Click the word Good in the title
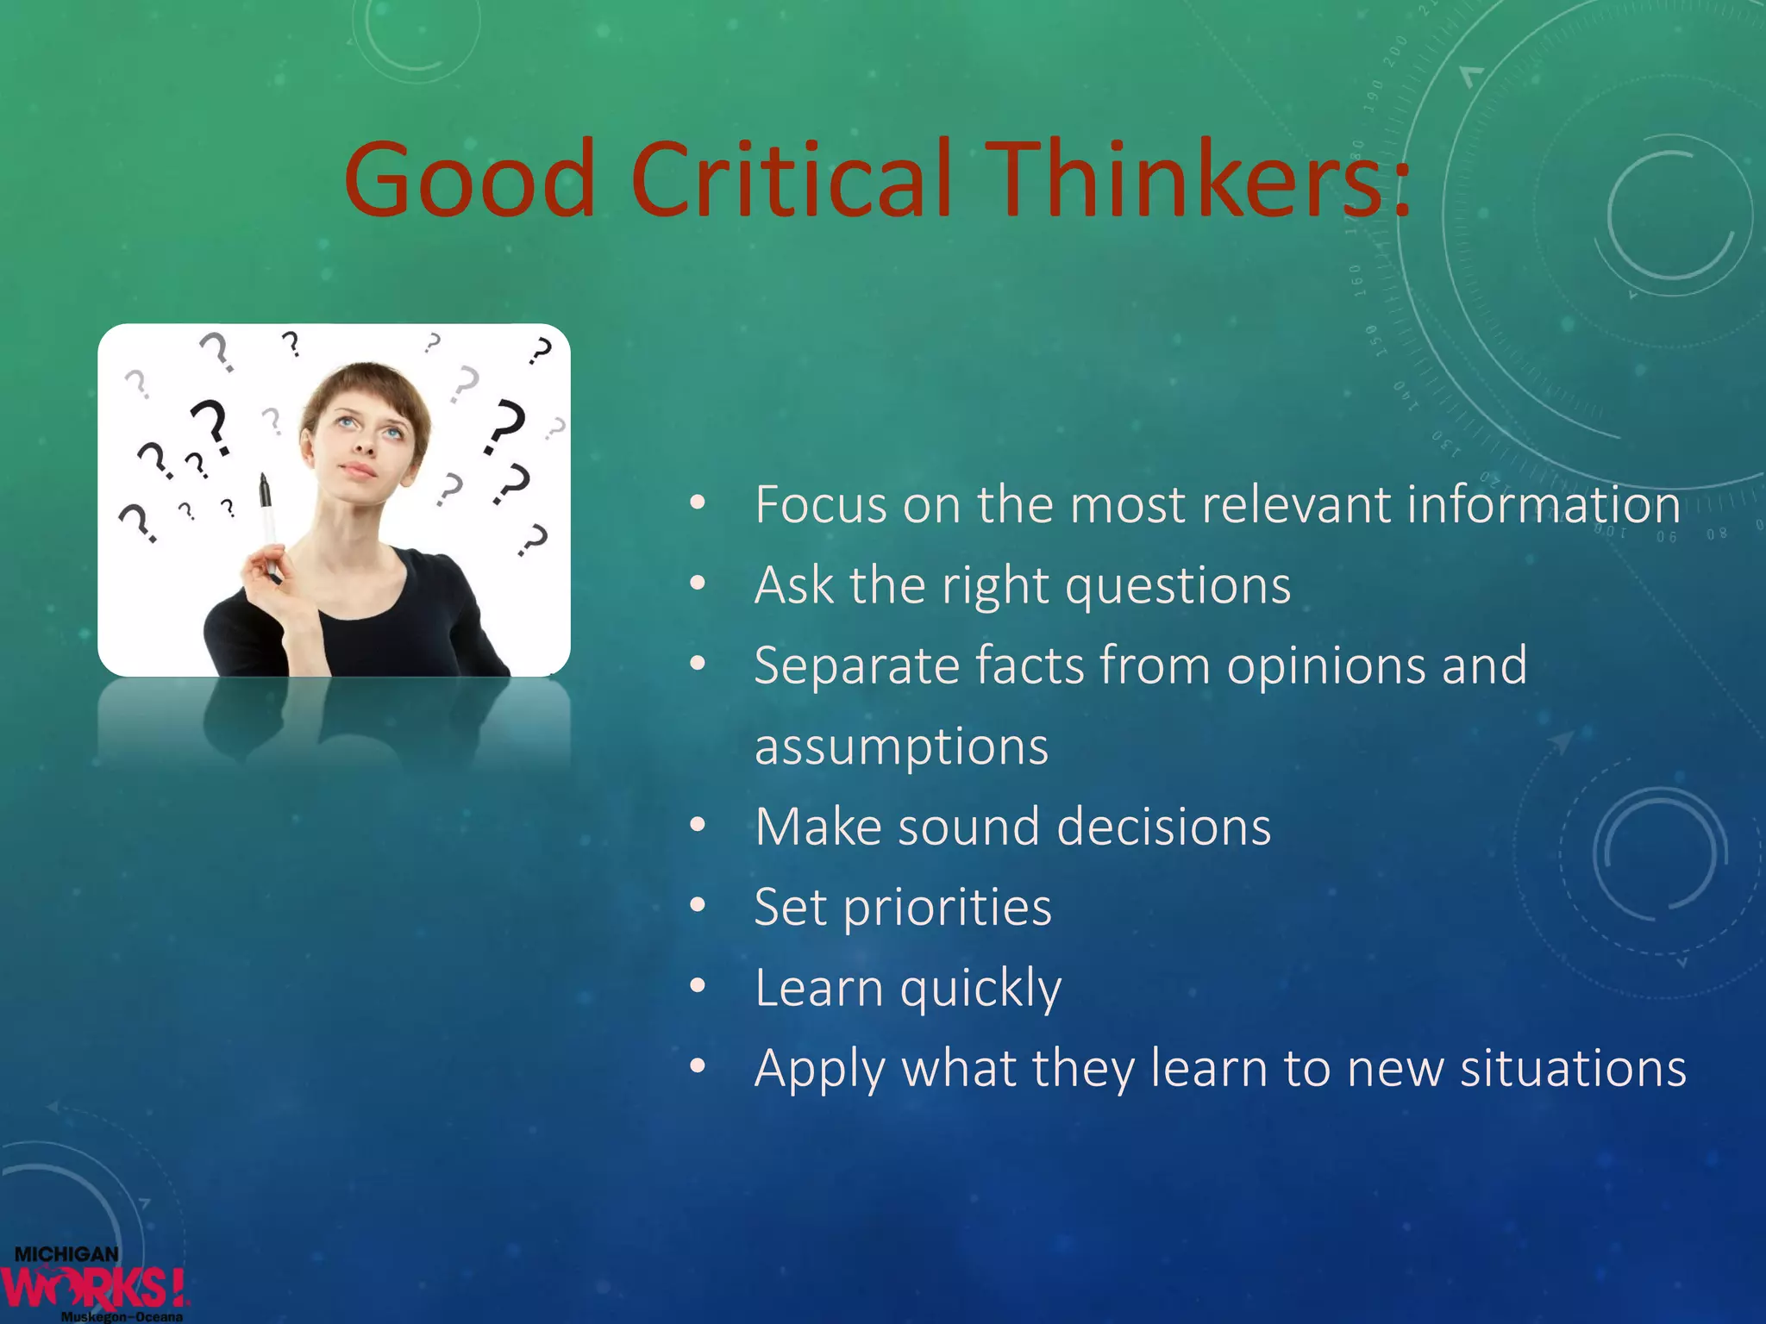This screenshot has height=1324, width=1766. [470, 181]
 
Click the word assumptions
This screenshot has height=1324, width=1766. [901, 746]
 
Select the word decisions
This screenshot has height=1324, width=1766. [1163, 827]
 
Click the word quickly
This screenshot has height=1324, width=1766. [980, 989]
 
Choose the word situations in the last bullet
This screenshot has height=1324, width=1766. [1573, 1069]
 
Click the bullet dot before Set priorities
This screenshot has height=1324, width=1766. [698, 906]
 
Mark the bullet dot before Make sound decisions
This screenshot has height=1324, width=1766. [698, 826]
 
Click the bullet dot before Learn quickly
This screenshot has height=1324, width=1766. [698, 986]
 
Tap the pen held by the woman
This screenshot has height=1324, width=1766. [268, 517]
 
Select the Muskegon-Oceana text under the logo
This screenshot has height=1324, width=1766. [122, 1316]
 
